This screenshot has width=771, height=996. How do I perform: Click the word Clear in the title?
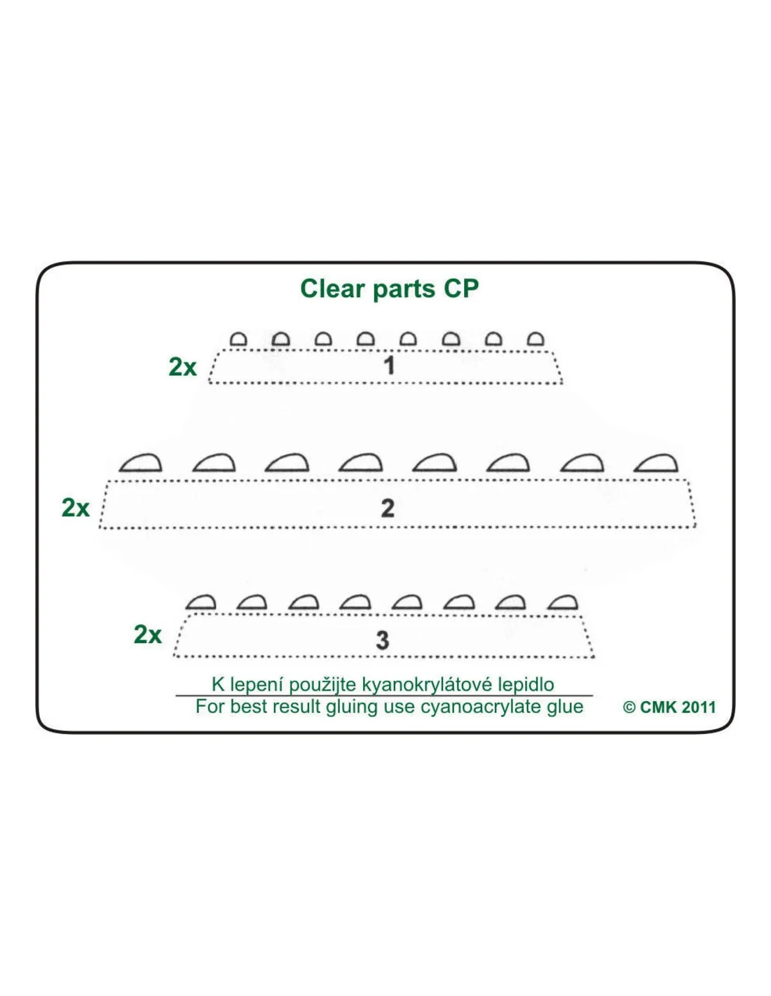332,289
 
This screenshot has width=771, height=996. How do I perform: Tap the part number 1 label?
390,366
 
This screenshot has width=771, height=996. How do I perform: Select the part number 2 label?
388,508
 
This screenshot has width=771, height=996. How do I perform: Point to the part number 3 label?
383,640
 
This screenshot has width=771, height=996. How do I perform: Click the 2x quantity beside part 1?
182,367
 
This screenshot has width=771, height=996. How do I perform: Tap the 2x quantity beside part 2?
75,508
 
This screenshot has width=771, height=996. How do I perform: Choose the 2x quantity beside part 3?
147,635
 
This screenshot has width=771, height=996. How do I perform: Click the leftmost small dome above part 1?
238,340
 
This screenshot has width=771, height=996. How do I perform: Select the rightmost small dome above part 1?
535,340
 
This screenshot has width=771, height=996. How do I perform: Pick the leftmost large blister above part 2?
140,464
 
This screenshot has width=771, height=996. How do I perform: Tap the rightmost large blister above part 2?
656,464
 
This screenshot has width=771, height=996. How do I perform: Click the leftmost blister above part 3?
201,602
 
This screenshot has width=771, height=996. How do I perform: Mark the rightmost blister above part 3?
563,602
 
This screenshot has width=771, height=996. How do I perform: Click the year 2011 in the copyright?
699,707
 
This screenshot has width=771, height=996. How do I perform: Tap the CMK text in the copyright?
659,707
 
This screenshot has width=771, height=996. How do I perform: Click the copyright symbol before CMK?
629,707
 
